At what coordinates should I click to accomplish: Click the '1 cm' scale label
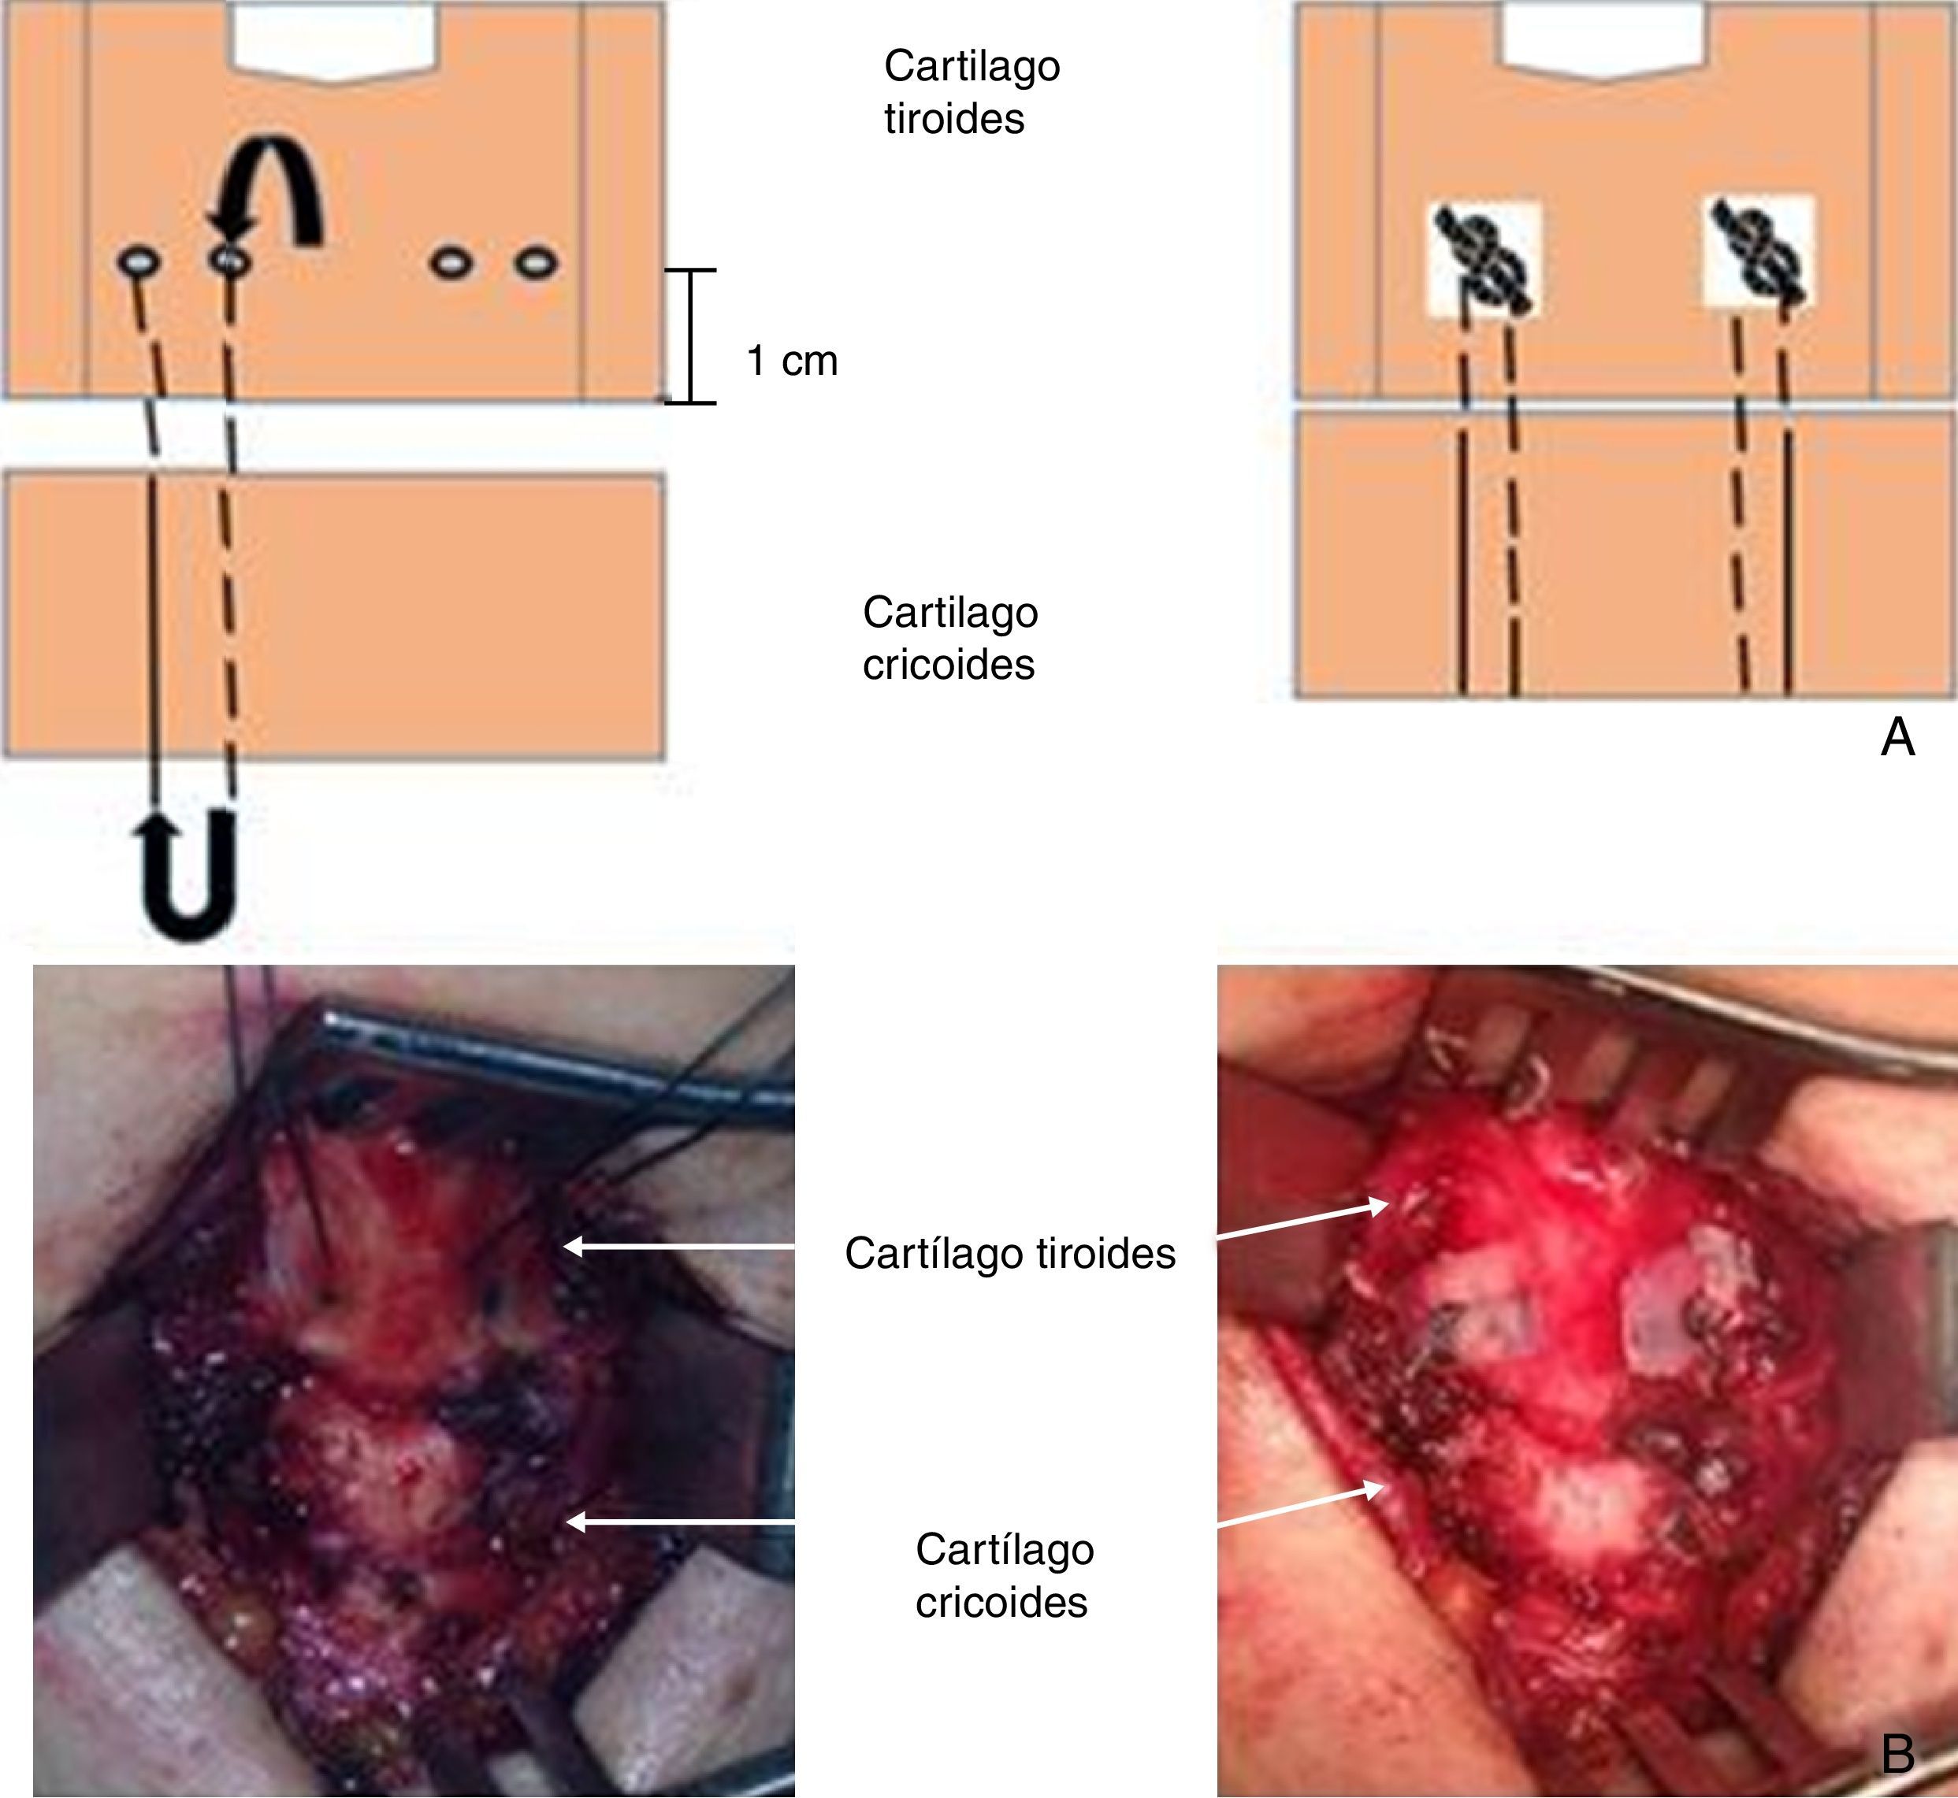(791, 361)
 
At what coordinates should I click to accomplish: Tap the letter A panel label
(1897, 737)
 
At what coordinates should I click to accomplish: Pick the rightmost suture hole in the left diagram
(537, 263)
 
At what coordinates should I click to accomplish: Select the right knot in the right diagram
(1760, 255)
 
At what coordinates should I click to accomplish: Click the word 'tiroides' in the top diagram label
(953, 120)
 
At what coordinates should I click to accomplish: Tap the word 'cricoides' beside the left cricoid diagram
(948, 665)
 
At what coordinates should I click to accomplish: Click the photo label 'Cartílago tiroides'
(1009, 1253)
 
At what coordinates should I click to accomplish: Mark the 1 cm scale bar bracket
(690, 336)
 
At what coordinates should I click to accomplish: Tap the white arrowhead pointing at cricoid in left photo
(577, 1522)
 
